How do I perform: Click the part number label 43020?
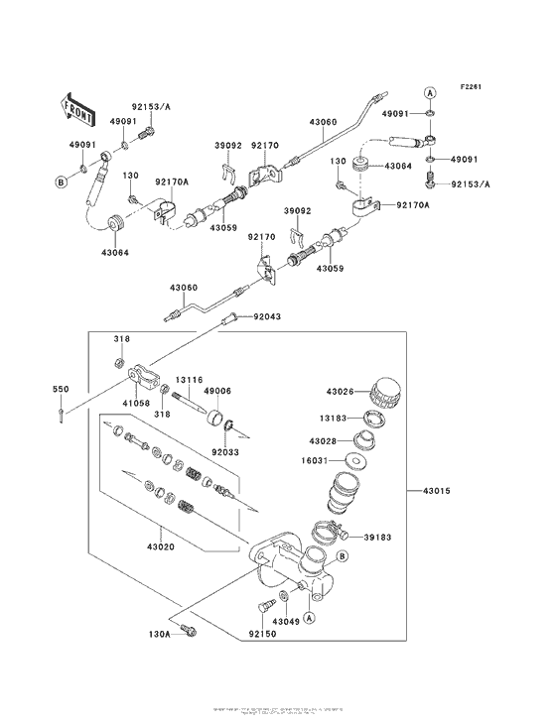[x=160, y=544]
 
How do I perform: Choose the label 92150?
[x=263, y=631]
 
